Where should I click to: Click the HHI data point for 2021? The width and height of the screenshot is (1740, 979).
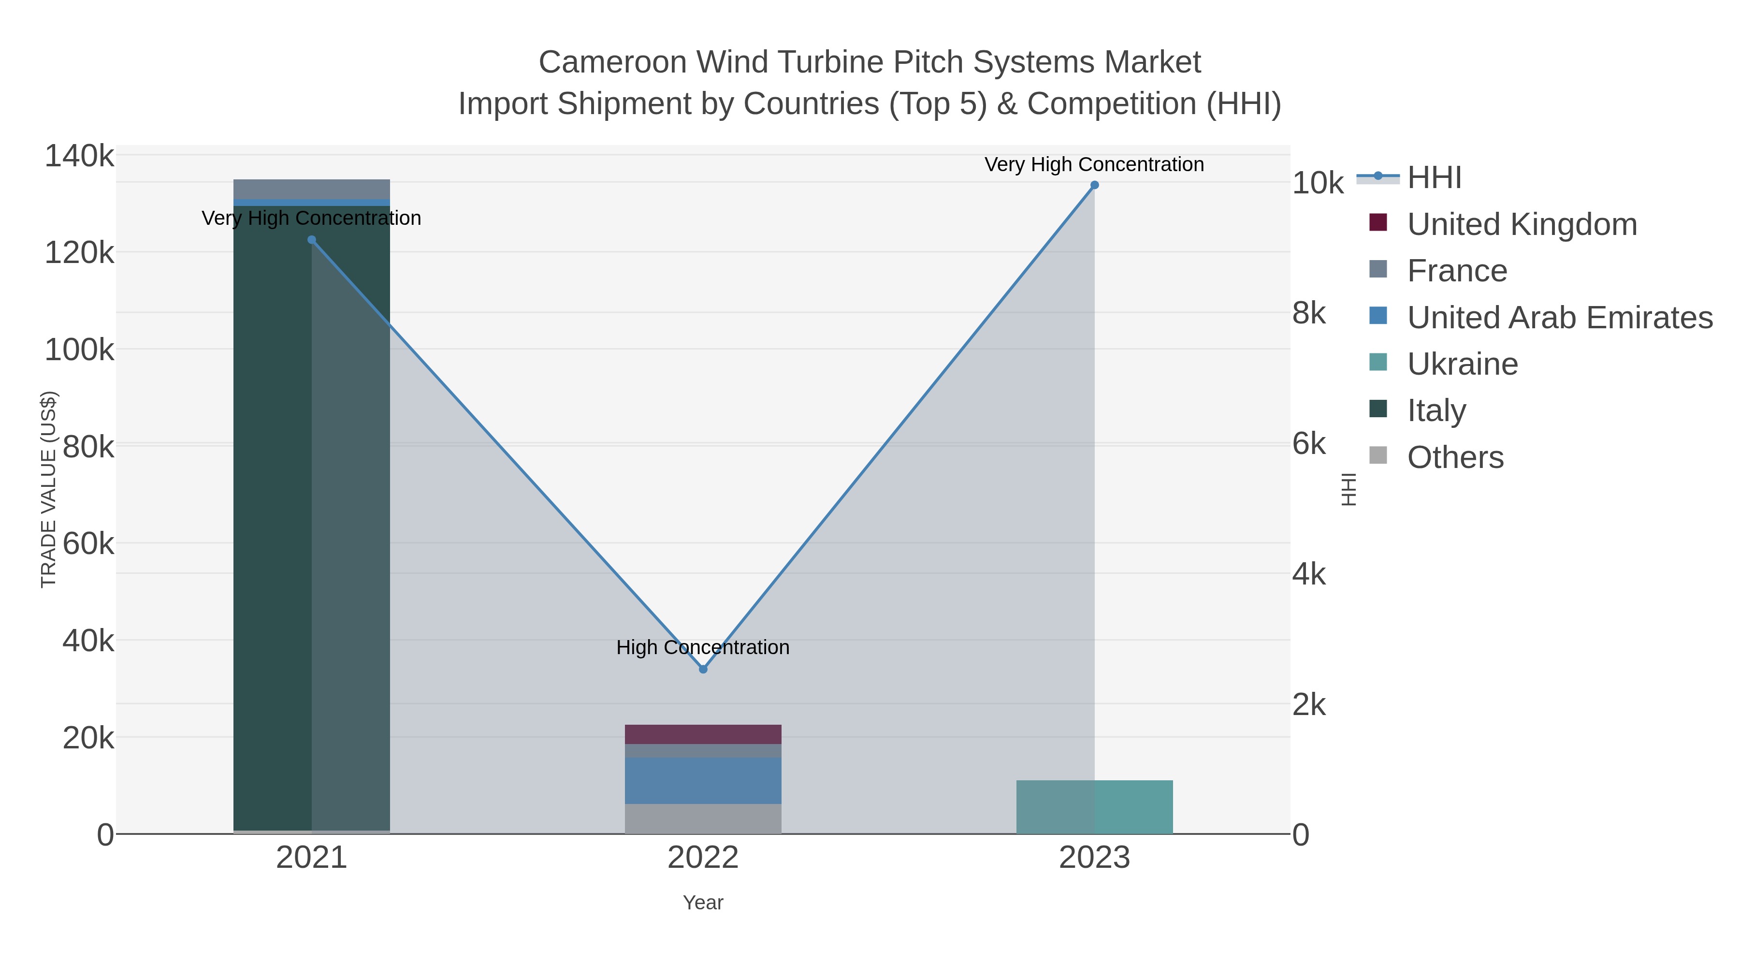click(311, 240)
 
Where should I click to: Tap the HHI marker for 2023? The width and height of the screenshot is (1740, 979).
click(1094, 185)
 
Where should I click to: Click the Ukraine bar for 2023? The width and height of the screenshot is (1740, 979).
click(1094, 807)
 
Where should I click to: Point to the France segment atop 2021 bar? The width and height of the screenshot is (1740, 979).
click(311, 189)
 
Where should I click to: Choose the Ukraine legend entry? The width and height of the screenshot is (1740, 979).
click(1463, 364)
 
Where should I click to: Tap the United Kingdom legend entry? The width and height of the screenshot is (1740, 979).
click(1522, 224)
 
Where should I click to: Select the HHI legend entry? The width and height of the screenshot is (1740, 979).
click(1434, 178)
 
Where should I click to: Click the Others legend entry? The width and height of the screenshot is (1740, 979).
click(1455, 457)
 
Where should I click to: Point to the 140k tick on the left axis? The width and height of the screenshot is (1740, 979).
click(79, 156)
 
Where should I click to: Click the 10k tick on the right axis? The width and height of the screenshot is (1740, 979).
click(1317, 183)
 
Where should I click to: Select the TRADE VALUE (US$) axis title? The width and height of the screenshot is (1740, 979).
click(49, 489)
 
